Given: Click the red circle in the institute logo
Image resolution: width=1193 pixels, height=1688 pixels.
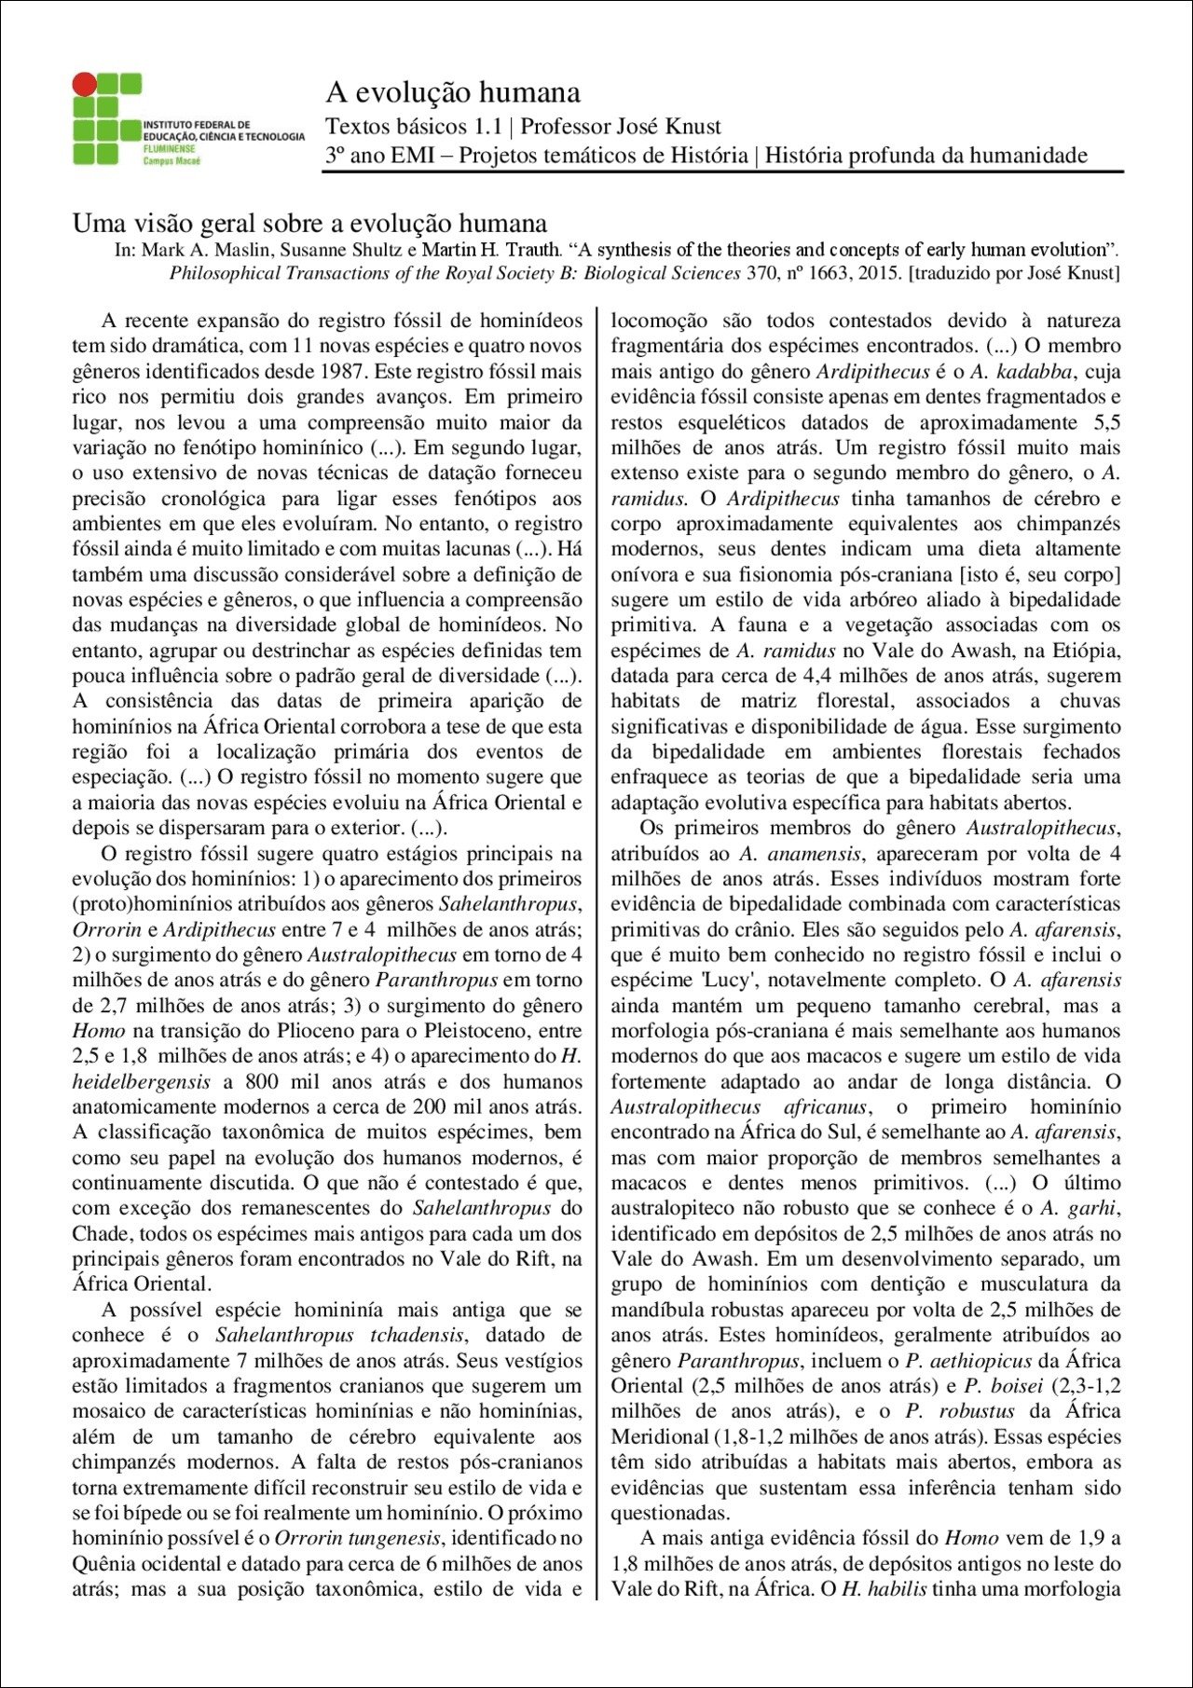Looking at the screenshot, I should tap(85, 85).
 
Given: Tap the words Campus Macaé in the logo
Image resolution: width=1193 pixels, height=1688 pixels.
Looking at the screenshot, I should tap(171, 161).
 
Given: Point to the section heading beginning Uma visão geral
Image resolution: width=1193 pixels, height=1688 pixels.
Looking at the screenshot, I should tap(309, 224).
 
